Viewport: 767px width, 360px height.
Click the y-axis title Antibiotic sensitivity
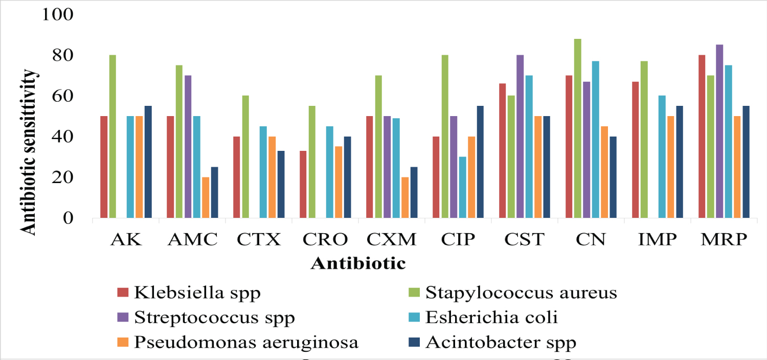coord(30,152)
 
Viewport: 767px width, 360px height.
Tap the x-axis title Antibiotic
coord(358,264)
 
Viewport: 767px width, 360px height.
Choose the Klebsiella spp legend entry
coord(197,293)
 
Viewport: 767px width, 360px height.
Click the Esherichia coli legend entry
coord(491,318)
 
